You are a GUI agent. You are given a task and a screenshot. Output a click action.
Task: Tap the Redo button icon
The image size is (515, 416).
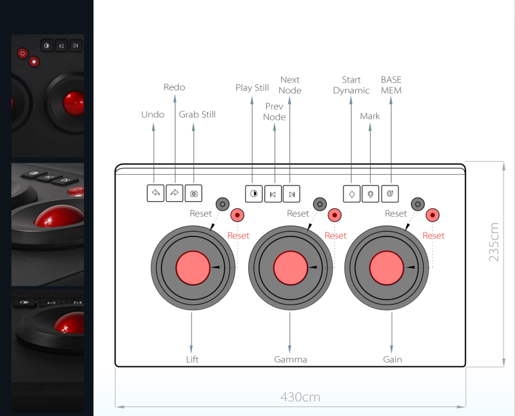(x=175, y=193)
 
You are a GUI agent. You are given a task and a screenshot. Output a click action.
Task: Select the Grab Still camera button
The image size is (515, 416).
(x=194, y=193)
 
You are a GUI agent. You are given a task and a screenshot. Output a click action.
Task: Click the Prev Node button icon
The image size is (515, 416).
(x=273, y=193)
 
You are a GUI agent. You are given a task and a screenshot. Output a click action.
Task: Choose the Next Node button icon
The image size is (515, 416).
(x=292, y=193)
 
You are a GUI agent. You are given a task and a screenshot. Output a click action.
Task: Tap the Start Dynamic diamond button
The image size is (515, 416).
(x=352, y=193)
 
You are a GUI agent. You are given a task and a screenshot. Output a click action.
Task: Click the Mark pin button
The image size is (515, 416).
(x=371, y=193)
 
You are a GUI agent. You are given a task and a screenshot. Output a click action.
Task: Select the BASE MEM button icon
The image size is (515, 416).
(x=390, y=193)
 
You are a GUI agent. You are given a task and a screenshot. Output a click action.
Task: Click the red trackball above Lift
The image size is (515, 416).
(x=193, y=267)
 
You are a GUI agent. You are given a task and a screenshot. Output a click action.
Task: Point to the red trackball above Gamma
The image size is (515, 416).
(x=290, y=267)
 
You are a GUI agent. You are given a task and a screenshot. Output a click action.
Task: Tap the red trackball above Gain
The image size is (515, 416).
(x=387, y=267)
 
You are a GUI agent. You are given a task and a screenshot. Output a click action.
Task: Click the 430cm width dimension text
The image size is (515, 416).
(x=300, y=397)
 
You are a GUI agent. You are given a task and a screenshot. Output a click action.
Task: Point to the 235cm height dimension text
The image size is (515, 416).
(x=494, y=242)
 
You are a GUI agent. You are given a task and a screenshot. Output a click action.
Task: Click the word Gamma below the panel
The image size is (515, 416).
(x=290, y=359)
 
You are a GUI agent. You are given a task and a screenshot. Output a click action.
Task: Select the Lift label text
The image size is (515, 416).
(x=192, y=359)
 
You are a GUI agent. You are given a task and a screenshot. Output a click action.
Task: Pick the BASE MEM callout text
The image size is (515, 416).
(x=391, y=85)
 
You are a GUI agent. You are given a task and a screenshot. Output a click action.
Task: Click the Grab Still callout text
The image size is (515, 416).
(x=197, y=114)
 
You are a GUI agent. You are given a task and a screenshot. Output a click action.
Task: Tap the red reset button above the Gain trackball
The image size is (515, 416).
(x=432, y=215)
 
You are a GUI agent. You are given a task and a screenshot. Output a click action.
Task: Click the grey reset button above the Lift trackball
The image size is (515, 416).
(x=223, y=204)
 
